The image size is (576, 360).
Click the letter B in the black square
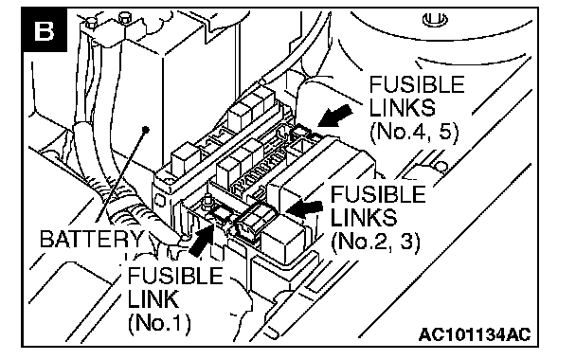pyautogui.click(x=44, y=31)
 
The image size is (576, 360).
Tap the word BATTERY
pyautogui.click(x=92, y=239)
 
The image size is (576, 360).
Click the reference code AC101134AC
pyautogui.click(x=475, y=334)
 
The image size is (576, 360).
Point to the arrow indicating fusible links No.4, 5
pyautogui.click(x=334, y=116)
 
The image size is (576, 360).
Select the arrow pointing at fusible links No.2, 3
pyautogui.click(x=304, y=208)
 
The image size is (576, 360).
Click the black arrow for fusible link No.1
pyautogui.click(x=202, y=241)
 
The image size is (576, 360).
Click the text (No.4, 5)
pyautogui.click(x=414, y=132)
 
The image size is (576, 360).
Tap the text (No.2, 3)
pyautogui.click(x=375, y=242)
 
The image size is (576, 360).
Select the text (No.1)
pyautogui.click(x=160, y=323)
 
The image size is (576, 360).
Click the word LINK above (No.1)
pyautogui.click(x=153, y=299)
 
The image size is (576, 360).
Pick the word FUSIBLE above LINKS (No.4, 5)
pyautogui.click(x=417, y=84)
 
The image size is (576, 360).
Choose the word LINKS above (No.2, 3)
pyautogui.click(x=364, y=217)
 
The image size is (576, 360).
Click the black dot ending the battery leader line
pyautogui.click(x=146, y=129)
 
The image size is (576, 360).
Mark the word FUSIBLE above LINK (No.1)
pyautogui.click(x=175, y=276)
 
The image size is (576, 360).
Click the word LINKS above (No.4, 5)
pyautogui.click(x=403, y=107)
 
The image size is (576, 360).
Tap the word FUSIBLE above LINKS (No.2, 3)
pyautogui.click(x=378, y=194)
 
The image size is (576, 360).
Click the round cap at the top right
pyautogui.click(x=435, y=19)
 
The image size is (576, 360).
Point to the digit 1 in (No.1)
pyautogui.click(x=177, y=323)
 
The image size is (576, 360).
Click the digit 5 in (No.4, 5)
pyautogui.click(x=445, y=131)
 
